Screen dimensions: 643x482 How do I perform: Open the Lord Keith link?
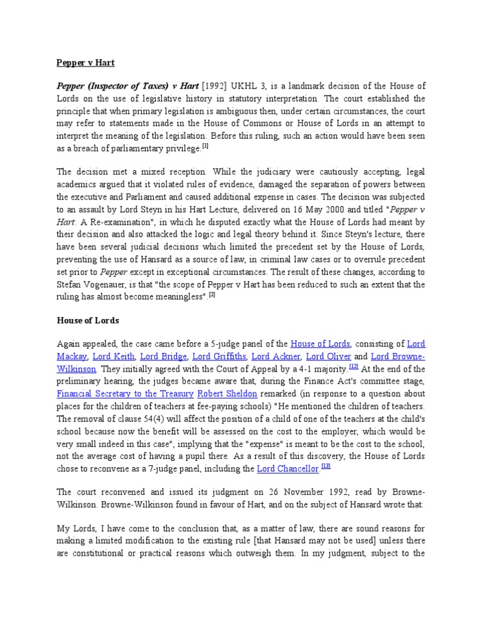coord(109,356)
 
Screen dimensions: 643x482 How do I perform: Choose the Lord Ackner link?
coord(276,356)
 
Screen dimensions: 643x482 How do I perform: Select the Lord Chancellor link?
coord(289,469)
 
